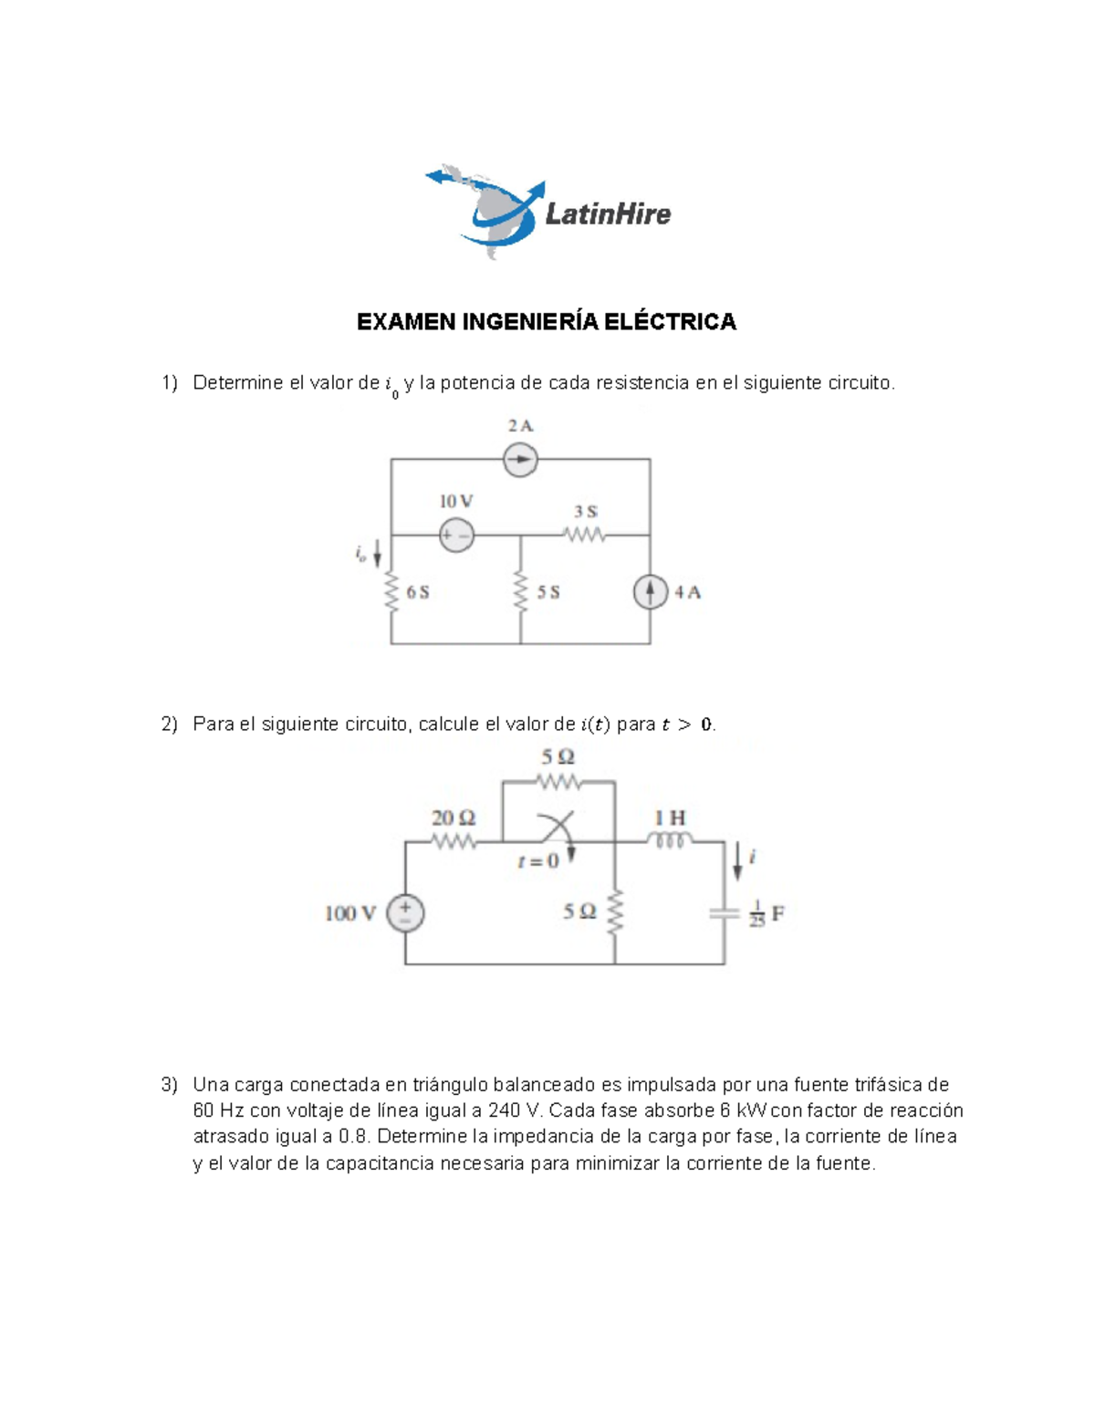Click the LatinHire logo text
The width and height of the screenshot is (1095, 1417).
[608, 214]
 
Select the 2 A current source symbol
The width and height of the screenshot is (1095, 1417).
[520, 459]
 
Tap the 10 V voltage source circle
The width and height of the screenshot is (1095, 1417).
[456, 536]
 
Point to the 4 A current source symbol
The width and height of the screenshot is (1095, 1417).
[650, 593]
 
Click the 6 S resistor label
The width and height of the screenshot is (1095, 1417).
[418, 592]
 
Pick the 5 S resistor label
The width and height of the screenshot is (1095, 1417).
[548, 592]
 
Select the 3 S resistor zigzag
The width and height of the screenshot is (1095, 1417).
[585, 536]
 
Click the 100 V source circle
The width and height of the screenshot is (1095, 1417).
[405, 913]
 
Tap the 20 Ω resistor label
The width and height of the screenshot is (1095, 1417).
[454, 818]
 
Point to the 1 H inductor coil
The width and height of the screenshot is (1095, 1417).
[670, 841]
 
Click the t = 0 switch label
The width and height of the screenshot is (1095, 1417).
[537, 861]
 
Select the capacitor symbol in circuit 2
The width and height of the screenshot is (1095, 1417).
[725, 913]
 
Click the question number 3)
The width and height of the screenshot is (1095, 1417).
[170, 1085]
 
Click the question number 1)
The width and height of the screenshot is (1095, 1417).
[170, 383]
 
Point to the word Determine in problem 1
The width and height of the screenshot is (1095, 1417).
[237, 383]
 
